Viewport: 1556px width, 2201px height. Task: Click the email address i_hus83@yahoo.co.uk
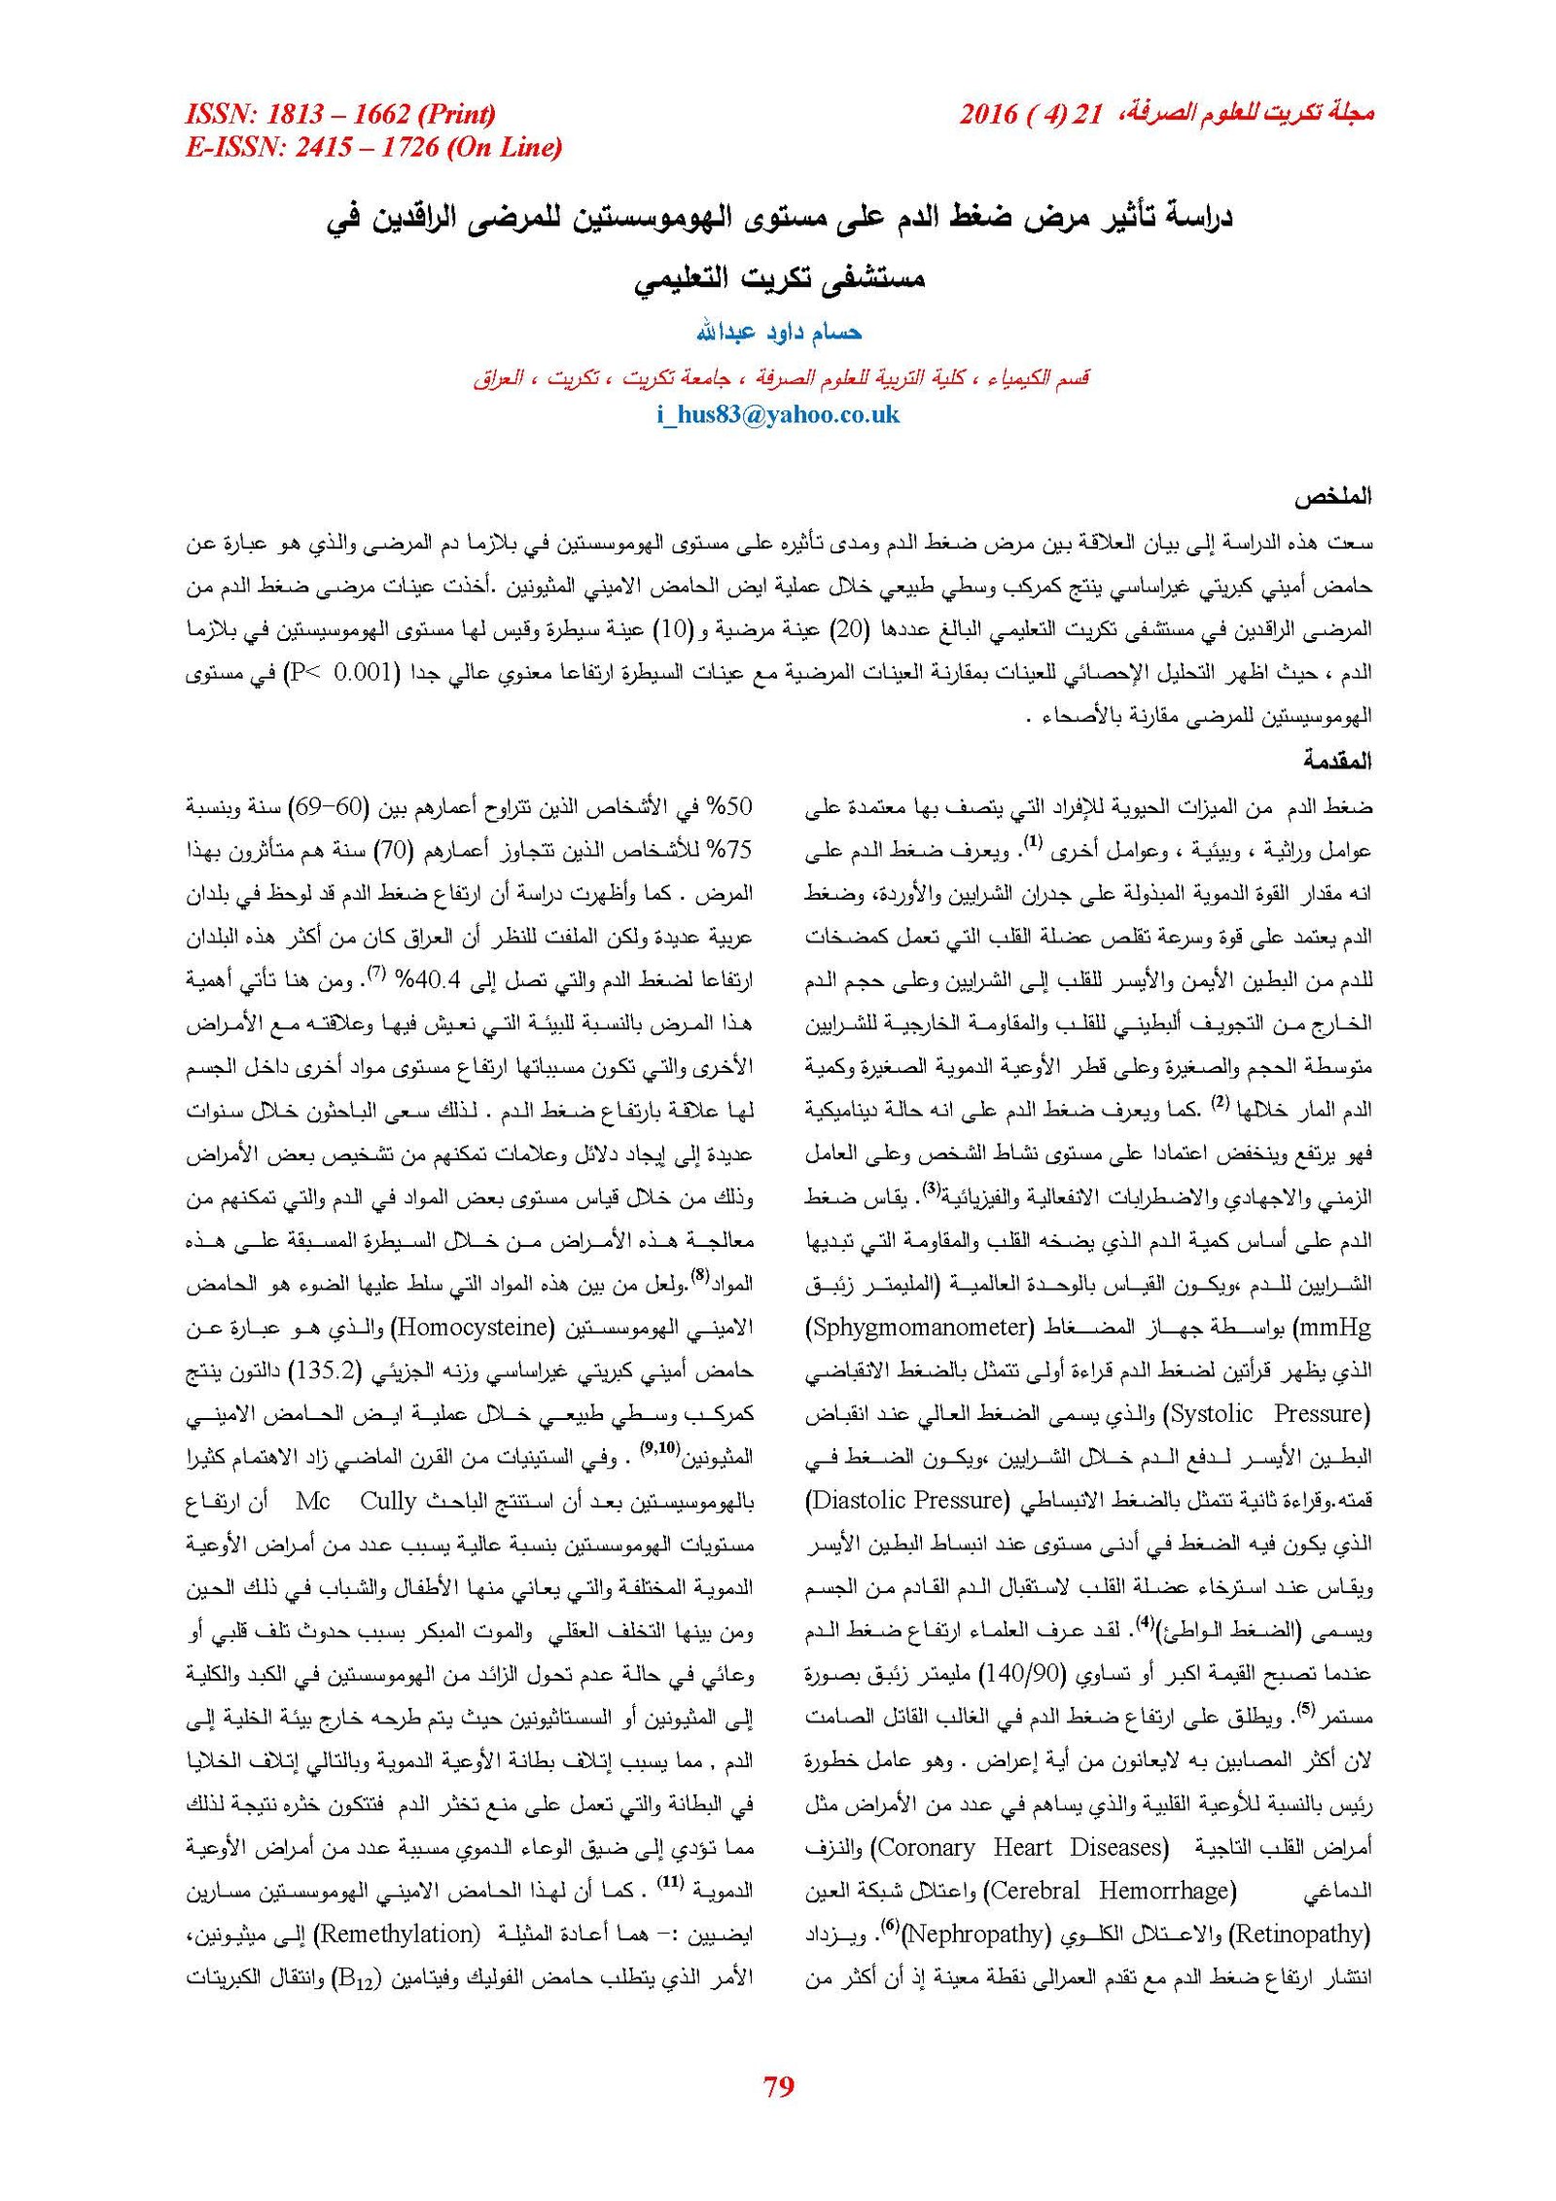(778, 415)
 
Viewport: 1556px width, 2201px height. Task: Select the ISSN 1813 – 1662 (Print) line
(340, 114)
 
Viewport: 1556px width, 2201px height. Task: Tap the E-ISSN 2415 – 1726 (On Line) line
(373, 147)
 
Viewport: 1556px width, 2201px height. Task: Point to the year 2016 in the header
(988, 114)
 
